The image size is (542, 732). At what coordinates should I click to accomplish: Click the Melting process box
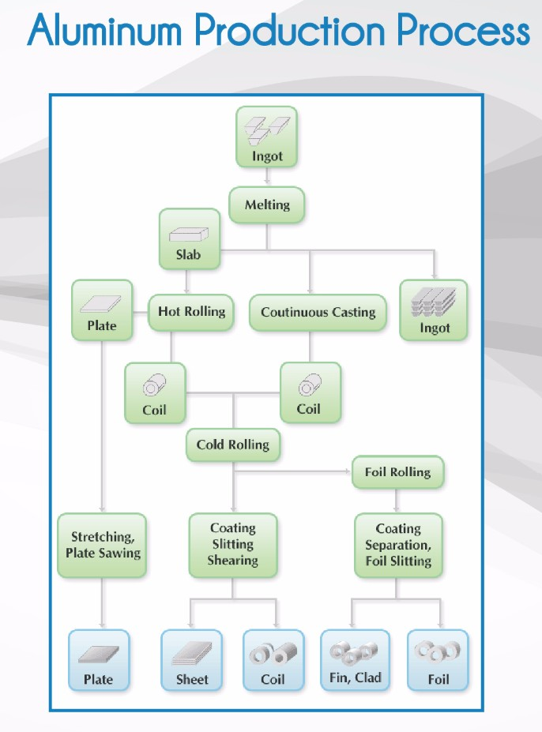(x=267, y=205)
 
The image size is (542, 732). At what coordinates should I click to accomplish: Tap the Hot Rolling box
(x=191, y=312)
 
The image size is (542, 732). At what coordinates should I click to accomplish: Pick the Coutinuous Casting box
(x=318, y=313)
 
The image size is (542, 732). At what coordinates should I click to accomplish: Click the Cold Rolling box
(x=232, y=445)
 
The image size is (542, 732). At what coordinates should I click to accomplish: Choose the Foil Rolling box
(x=397, y=473)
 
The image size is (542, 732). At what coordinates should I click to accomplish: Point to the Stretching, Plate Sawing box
(x=103, y=545)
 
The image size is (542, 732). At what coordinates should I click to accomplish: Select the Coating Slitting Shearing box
(x=232, y=544)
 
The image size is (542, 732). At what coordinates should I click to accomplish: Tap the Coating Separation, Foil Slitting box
(x=397, y=545)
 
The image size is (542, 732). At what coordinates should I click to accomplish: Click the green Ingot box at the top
(x=267, y=137)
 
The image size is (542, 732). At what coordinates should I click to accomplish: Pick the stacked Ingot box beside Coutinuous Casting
(x=434, y=310)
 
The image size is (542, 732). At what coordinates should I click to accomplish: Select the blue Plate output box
(x=99, y=660)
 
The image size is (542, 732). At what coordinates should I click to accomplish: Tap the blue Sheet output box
(x=192, y=660)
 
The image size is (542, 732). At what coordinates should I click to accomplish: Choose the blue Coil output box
(x=273, y=660)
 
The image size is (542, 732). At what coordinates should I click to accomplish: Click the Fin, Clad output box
(x=355, y=660)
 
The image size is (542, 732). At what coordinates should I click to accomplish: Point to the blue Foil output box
(x=438, y=660)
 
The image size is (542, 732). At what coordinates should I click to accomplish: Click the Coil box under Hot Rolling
(x=155, y=392)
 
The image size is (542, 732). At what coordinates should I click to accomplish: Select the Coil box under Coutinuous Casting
(x=309, y=392)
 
